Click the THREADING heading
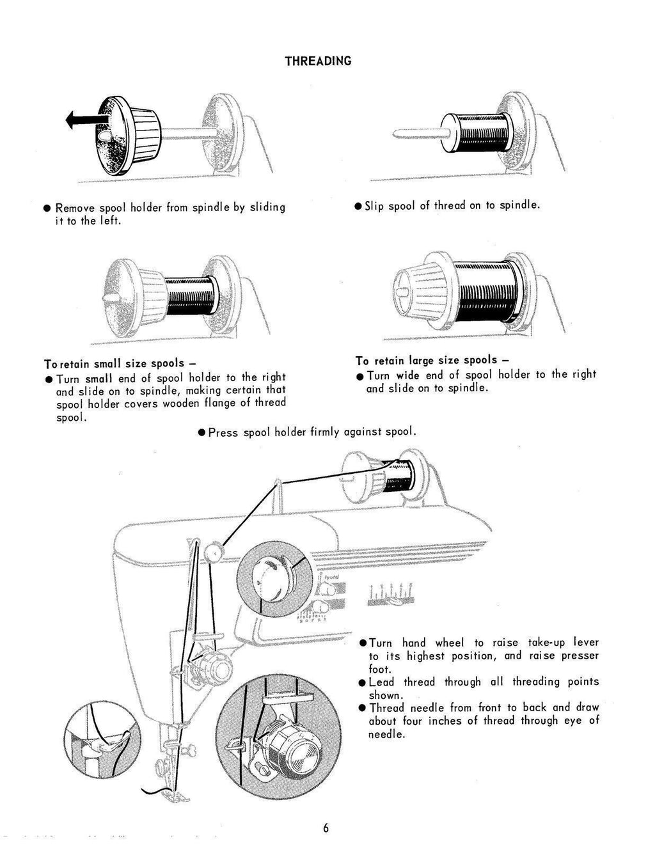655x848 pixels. click(x=318, y=61)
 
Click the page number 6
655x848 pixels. click(x=326, y=828)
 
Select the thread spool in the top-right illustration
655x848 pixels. click(x=477, y=132)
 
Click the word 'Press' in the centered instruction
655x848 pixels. click(x=223, y=432)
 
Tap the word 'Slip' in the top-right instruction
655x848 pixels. click(x=374, y=206)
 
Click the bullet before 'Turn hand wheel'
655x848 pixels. click(x=363, y=643)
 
